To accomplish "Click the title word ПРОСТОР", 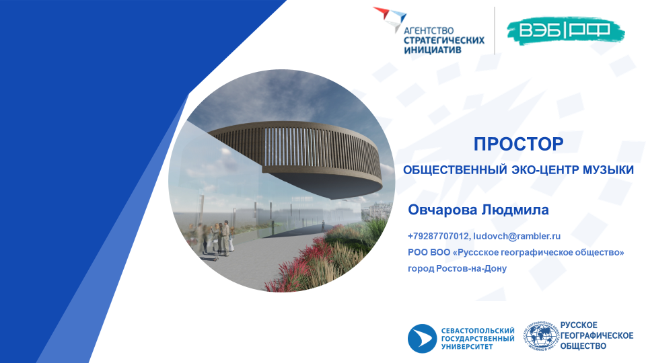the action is [518, 144].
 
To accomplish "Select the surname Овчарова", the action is [443, 210].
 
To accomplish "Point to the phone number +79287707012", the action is [438, 236].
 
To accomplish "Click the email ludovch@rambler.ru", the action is [517, 236].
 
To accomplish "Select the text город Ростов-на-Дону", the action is [458, 268].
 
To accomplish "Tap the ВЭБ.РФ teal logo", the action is [565, 30].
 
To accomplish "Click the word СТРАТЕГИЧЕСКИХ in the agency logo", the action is [444, 40].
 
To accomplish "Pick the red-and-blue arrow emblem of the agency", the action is [390, 17].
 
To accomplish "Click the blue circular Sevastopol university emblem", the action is [423, 338].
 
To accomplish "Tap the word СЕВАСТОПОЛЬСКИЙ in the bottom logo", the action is [478, 331].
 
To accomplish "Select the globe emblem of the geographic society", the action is [541, 336].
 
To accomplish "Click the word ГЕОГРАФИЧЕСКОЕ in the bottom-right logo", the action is [597, 335].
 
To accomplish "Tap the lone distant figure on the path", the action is [323, 225].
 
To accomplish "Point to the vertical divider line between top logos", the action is [495, 30].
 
